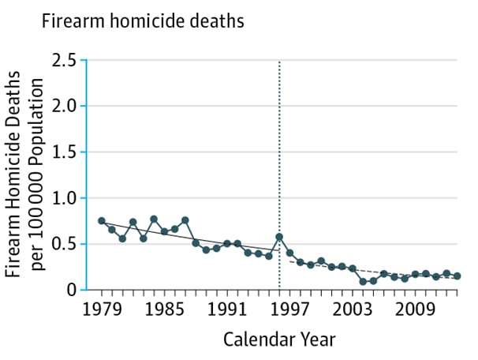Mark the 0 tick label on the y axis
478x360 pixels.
pyautogui.click(x=72, y=290)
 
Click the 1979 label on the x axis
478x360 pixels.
pyautogui.click(x=101, y=309)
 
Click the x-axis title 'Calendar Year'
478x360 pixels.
pyautogui.click(x=279, y=339)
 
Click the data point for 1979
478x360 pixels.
pyautogui.click(x=101, y=221)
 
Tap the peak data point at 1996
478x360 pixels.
pyautogui.click(x=279, y=237)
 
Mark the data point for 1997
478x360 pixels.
pyautogui.click(x=289, y=253)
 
